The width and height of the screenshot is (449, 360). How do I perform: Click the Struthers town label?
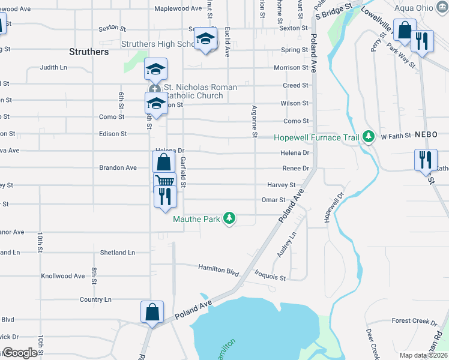pyautogui.click(x=89, y=52)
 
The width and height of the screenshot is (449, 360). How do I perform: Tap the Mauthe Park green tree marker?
pyautogui.click(x=229, y=218)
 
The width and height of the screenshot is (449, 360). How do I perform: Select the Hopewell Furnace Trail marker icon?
pyautogui.click(x=369, y=137)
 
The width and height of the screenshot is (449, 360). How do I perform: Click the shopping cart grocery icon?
pyautogui.click(x=164, y=180)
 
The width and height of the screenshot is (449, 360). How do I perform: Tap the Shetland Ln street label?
pyautogui.click(x=118, y=253)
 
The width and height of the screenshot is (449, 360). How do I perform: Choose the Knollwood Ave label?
pyautogui.click(x=62, y=276)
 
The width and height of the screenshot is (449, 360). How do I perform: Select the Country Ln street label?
pyautogui.click(x=96, y=299)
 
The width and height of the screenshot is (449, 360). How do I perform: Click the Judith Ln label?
pyautogui.click(x=53, y=68)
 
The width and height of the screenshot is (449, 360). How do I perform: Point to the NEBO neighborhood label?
pyautogui.click(x=427, y=136)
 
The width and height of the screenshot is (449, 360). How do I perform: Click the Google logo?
pyautogui.click(x=20, y=353)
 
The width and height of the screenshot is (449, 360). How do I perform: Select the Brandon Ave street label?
pyautogui.click(x=118, y=168)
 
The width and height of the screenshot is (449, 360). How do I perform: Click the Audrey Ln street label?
pyautogui.click(x=286, y=245)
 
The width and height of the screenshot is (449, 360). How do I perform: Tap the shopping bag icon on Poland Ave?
pyautogui.click(x=152, y=312)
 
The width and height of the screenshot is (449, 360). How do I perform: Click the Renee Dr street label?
pyautogui.click(x=295, y=169)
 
